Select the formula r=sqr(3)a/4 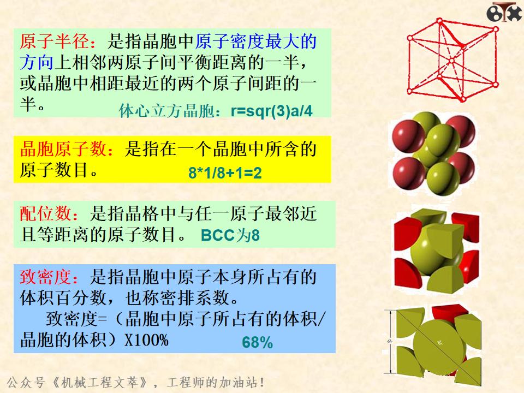[x=272, y=111]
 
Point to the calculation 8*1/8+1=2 [x=225, y=174]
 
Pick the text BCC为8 [x=230, y=236]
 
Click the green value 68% [x=257, y=343]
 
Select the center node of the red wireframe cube [x=451, y=58]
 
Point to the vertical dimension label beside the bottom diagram [x=390, y=341]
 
